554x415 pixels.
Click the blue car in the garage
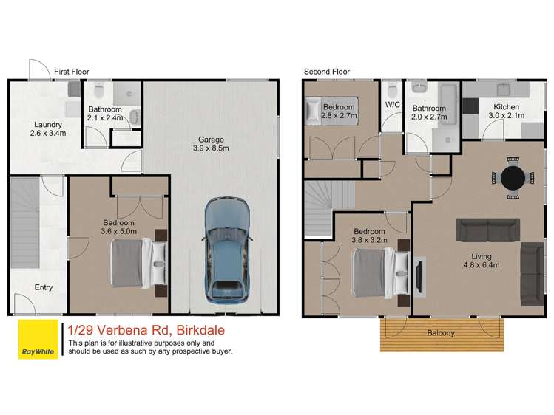pyautogui.click(x=229, y=250)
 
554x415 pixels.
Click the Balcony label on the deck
pyautogui.click(x=442, y=333)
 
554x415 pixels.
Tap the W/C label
pyautogui.click(x=392, y=105)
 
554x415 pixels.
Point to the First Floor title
pyautogui.click(x=72, y=72)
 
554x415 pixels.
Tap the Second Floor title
pyautogui.click(x=327, y=72)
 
